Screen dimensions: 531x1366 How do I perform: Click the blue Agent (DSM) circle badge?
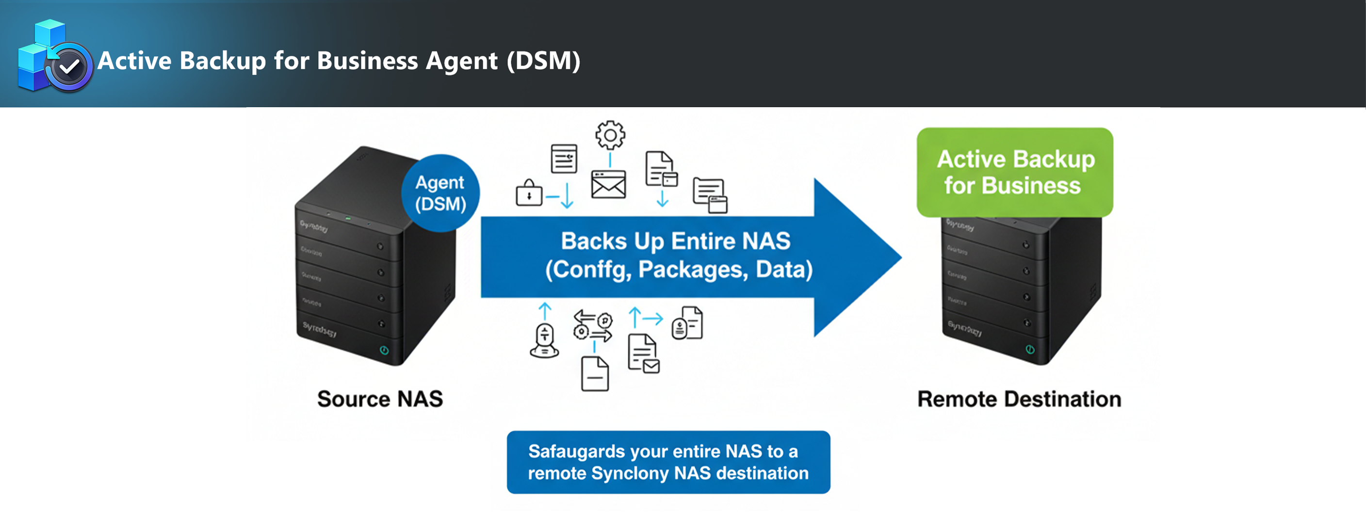pos(440,193)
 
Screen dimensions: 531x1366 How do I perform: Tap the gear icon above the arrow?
pos(610,135)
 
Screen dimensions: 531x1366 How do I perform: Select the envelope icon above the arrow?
pos(608,184)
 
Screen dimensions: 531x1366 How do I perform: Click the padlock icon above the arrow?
pos(529,193)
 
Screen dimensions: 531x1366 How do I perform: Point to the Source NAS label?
pos(380,399)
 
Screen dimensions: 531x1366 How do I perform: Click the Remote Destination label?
pos(1019,399)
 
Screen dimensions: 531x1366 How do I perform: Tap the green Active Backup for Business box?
pos(1014,172)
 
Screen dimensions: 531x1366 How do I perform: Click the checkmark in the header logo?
pos(69,67)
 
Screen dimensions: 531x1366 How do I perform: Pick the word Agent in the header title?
pos(461,61)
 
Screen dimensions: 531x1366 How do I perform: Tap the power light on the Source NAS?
pos(384,350)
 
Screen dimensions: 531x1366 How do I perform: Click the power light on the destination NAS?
pos(1029,349)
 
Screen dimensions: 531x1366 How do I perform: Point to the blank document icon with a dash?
pos(594,374)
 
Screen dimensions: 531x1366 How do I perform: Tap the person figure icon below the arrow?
pos(545,341)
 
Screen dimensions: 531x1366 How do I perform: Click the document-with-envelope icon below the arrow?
pos(643,354)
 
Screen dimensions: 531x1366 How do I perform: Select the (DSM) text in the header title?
pos(543,61)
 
